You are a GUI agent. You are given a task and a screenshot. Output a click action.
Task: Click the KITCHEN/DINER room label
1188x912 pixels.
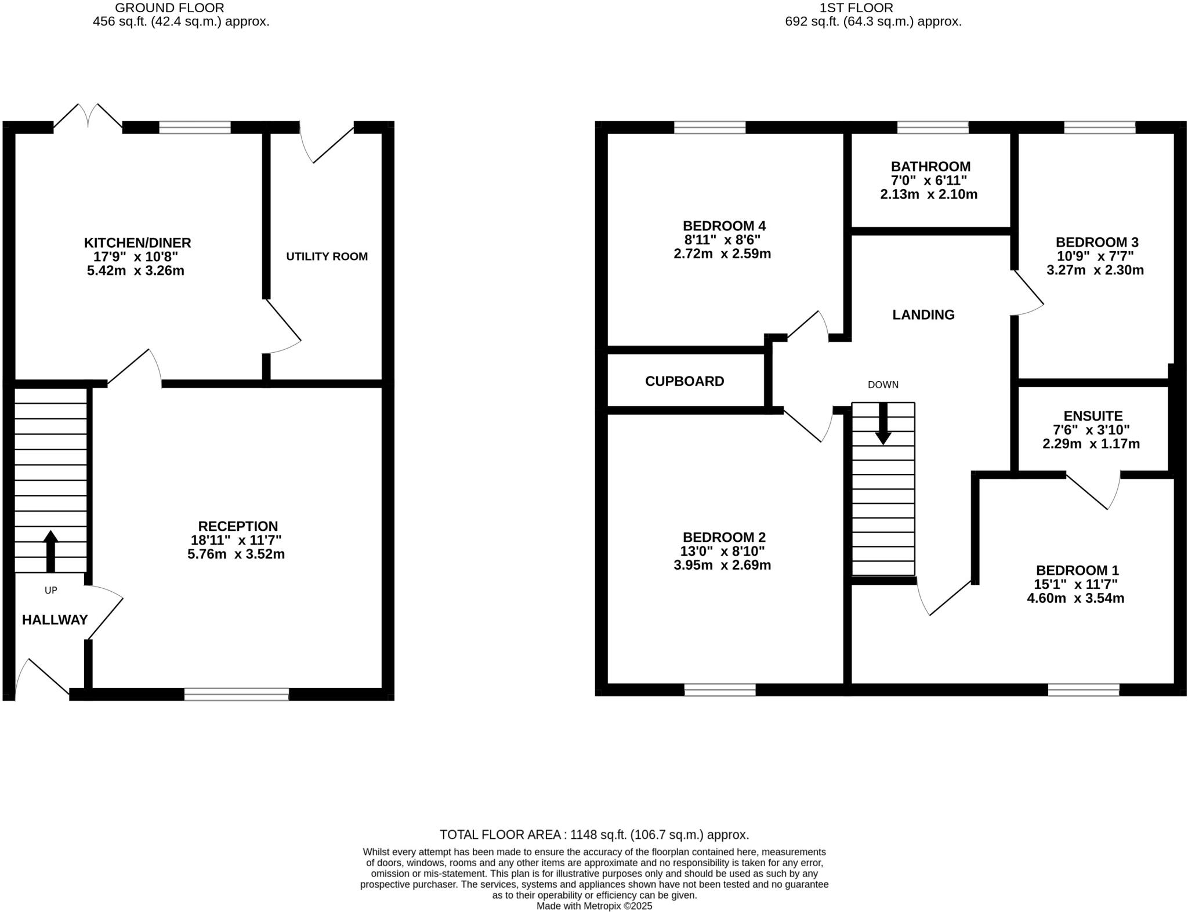(137, 243)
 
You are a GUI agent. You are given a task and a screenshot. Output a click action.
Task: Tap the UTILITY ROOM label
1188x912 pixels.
(327, 256)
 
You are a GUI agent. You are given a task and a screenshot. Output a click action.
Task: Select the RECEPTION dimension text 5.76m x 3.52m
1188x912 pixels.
(236, 554)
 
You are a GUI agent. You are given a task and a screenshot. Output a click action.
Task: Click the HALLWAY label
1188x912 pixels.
(55, 620)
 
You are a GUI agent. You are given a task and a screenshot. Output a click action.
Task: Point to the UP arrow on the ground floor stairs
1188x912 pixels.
(50, 551)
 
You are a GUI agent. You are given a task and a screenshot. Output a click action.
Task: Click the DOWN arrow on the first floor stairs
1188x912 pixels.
(883, 424)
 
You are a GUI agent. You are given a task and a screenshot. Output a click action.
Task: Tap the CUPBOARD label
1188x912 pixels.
(684, 381)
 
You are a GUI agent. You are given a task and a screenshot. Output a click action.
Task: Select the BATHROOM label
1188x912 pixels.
(930, 167)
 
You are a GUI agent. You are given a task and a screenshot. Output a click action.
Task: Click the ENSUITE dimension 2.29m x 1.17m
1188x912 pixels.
(1091, 444)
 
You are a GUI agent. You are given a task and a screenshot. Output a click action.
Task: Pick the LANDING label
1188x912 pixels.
(923, 314)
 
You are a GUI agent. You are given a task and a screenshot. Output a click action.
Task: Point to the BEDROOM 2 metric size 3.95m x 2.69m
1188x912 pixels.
(722, 565)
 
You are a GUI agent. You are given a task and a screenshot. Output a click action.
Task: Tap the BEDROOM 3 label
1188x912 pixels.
(1096, 242)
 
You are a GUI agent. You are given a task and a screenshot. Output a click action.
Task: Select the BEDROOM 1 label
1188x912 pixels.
(1077, 570)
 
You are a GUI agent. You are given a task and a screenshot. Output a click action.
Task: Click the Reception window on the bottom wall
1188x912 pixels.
(237, 694)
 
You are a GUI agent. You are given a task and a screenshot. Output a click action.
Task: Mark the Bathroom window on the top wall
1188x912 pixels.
(932, 127)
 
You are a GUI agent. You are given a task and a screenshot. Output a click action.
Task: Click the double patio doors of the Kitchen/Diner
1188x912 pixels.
(88, 116)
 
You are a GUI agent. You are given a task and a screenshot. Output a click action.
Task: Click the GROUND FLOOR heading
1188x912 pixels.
(169, 8)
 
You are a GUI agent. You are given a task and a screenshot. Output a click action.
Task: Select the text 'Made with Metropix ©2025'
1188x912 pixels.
(594, 906)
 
